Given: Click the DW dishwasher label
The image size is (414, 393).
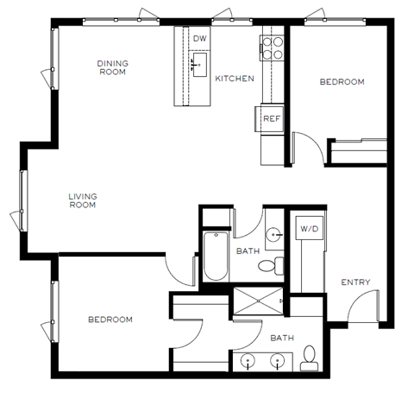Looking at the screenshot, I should [199, 39].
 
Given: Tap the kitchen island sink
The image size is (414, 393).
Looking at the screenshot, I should [199, 62].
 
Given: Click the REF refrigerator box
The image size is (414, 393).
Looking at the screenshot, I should [270, 118].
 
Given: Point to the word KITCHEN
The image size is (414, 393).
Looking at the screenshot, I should [234, 79].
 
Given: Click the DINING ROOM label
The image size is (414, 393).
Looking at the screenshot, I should [112, 67].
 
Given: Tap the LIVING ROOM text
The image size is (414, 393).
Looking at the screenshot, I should [83, 201].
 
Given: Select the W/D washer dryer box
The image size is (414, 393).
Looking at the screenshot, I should [308, 228].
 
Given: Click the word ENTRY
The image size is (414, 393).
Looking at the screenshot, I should [355, 282].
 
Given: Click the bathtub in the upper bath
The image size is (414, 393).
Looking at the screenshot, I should [214, 255].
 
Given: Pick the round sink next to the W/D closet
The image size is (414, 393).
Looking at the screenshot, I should [273, 233].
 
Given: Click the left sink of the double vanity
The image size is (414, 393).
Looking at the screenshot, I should [249, 361].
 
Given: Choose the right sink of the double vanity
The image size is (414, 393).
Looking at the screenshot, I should [277, 361].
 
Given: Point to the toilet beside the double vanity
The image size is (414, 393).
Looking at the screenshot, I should [308, 358].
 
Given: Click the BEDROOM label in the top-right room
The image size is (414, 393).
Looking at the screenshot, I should [342, 82].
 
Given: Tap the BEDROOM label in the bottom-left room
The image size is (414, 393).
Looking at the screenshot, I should [110, 320].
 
